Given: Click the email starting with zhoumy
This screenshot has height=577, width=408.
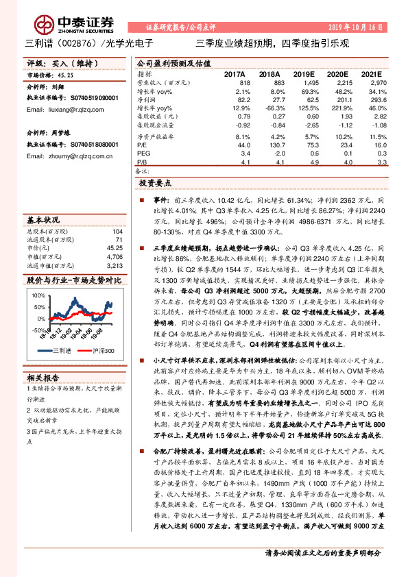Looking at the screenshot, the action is pyautogui.click(x=69, y=157).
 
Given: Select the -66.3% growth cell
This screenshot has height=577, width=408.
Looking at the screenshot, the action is pyautogui.click(x=268, y=108).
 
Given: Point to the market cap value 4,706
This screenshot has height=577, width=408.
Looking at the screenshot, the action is pyautogui.click(x=114, y=257).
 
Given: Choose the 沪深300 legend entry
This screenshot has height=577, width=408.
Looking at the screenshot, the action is pyautogui.click(x=101, y=351).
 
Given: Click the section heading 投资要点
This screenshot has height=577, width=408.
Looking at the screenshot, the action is pyautogui.click(x=154, y=184).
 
